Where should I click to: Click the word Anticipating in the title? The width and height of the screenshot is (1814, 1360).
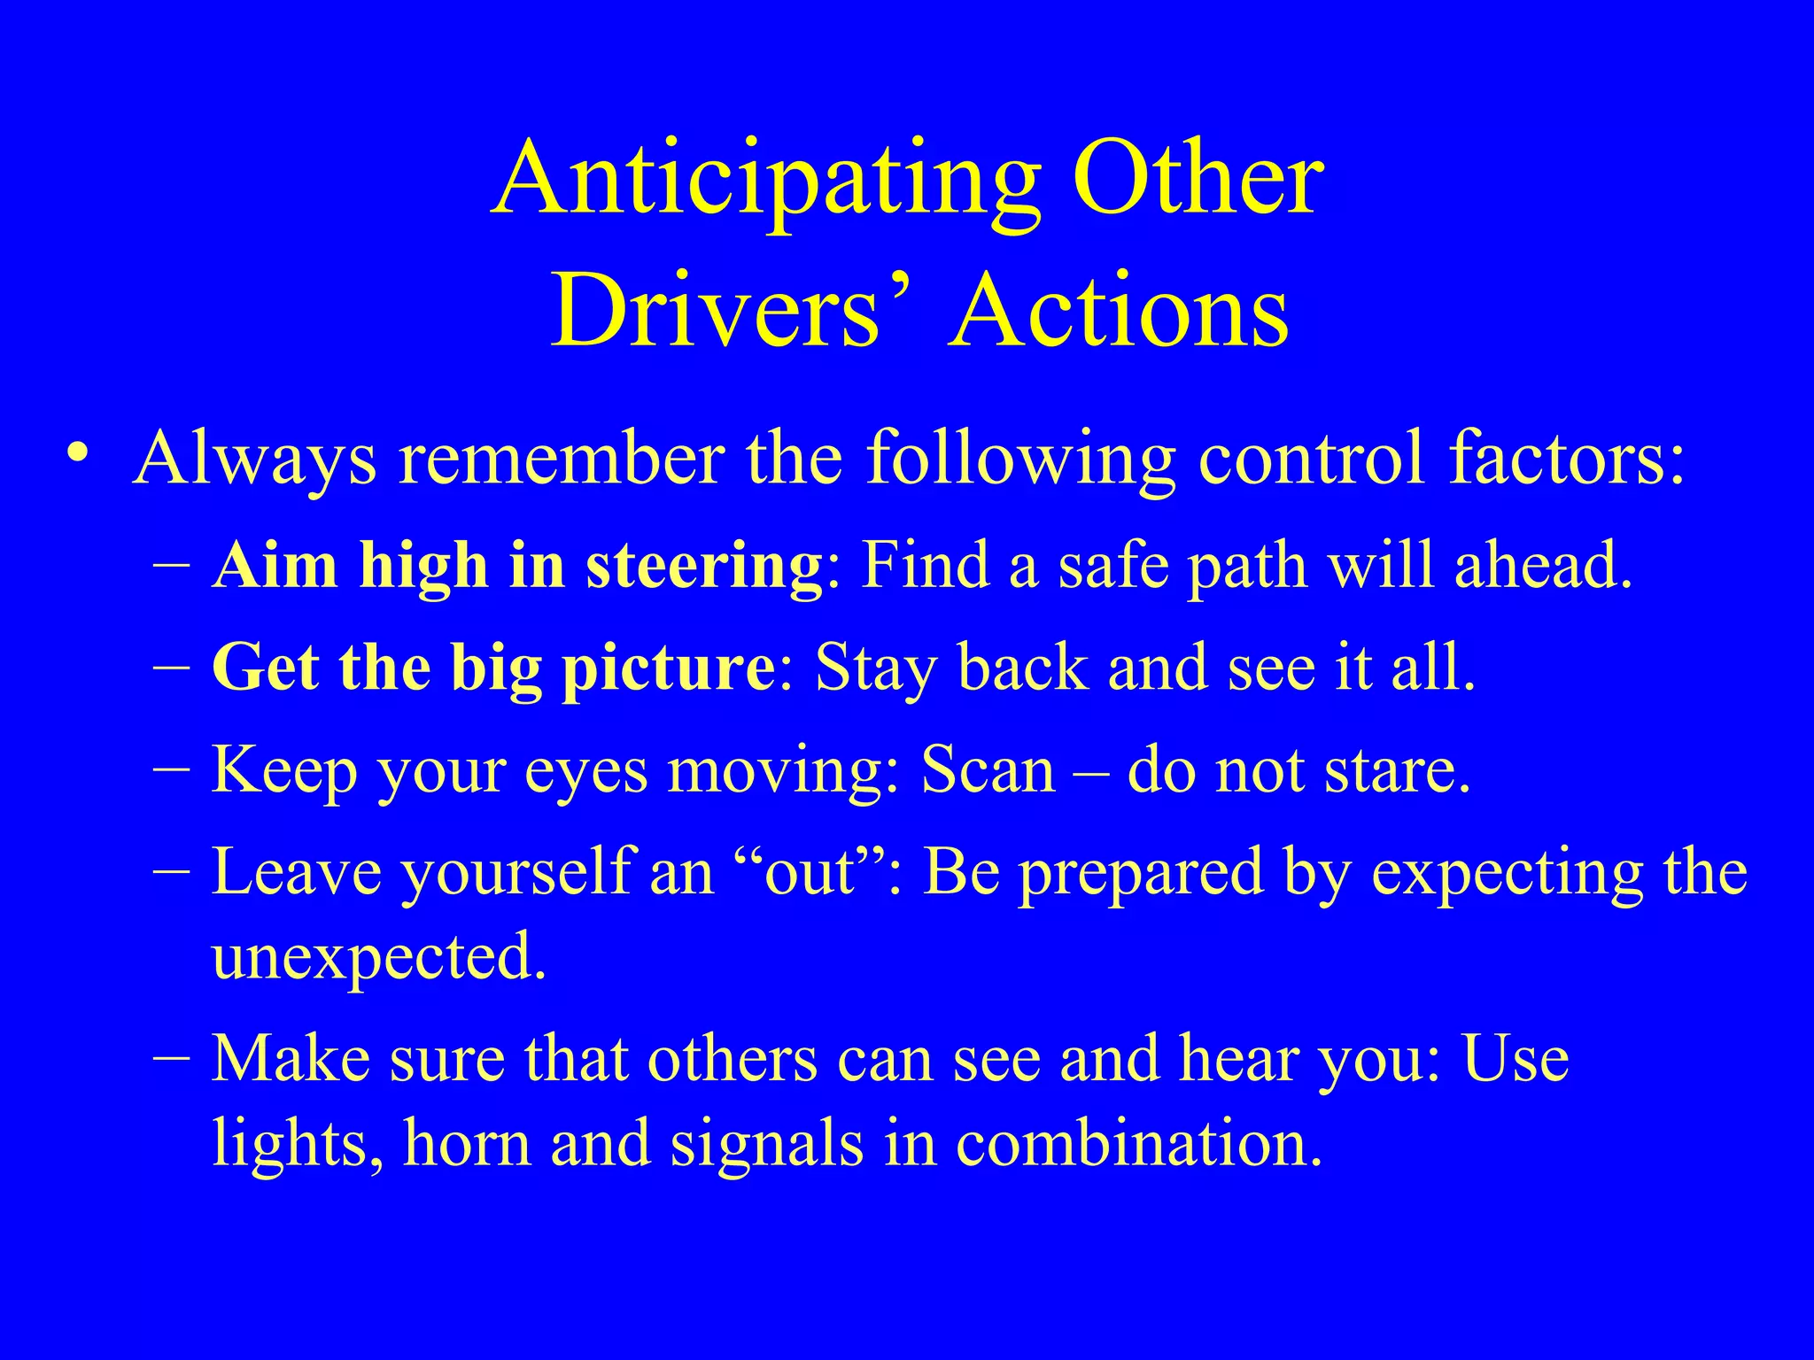[767, 182]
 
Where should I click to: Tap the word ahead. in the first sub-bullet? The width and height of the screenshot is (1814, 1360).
[1542, 565]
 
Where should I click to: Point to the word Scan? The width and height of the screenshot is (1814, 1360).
[988, 770]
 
